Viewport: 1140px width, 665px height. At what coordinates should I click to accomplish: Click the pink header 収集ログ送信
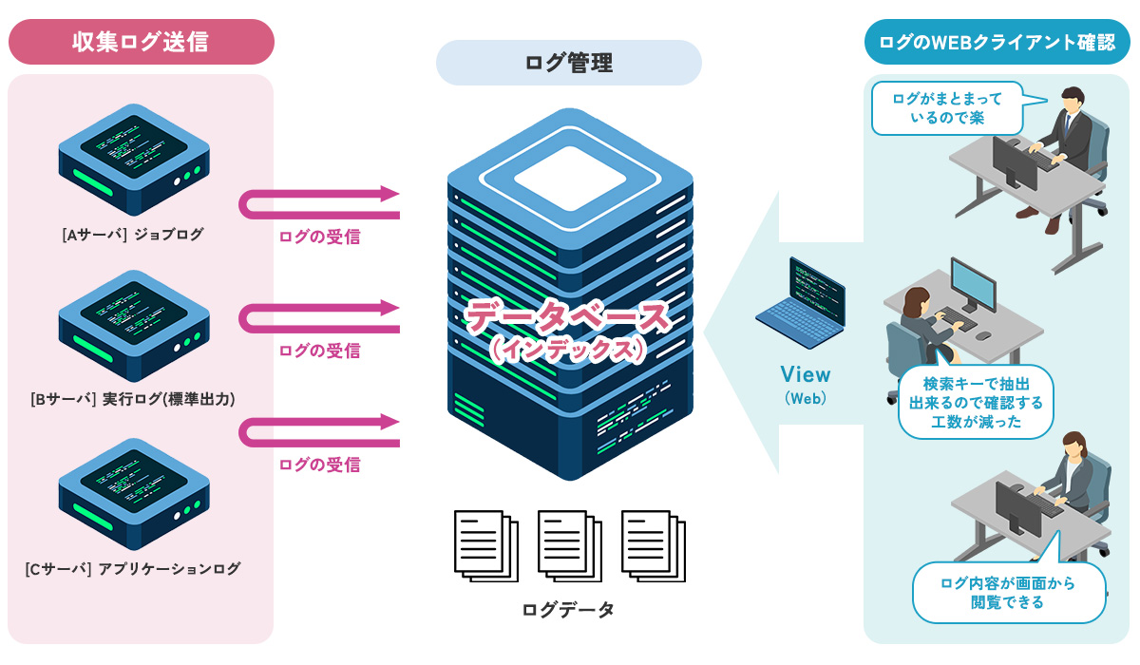tap(141, 42)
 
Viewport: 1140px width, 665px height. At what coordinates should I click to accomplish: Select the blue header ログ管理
tap(568, 63)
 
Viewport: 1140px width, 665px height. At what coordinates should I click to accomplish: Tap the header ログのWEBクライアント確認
tap(997, 42)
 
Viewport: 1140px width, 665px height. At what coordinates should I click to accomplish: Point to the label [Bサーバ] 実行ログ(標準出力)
tap(133, 400)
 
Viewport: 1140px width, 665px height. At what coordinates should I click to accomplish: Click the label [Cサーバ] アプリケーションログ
tap(133, 569)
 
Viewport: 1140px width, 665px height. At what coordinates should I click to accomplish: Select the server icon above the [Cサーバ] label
tap(133, 495)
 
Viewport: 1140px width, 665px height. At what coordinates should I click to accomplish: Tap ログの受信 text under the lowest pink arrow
tap(319, 465)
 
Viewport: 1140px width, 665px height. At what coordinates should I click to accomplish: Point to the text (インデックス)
tap(569, 350)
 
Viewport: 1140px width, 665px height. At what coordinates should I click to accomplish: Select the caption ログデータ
tap(568, 610)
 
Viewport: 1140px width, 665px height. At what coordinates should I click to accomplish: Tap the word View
tap(805, 374)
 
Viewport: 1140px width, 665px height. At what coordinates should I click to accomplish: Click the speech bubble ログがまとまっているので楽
tap(947, 108)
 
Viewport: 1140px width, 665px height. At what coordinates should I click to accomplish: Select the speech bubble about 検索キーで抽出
tap(976, 402)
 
